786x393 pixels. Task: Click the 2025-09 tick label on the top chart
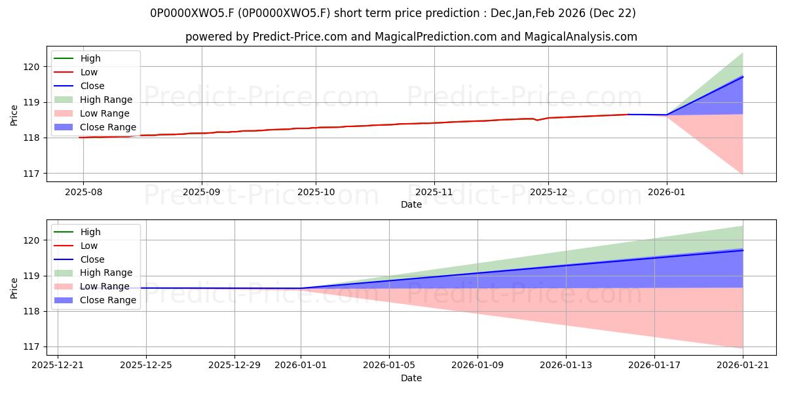pos(202,192)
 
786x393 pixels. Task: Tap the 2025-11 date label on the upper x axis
pos(434,192)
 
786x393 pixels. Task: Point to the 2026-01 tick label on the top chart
pos(666,192)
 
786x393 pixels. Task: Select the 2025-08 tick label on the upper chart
pos(84,192)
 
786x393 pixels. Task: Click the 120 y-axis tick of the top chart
pos(31,67)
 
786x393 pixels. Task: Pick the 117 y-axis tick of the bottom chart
pos(31,347)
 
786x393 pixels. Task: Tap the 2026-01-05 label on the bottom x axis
pos(389,365)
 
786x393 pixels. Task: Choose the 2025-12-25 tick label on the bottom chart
pos(146,365)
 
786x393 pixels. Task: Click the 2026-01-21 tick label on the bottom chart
pos(743,365)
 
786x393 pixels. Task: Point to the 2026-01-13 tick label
pos(566,365)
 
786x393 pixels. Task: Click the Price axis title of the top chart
pos(14,115)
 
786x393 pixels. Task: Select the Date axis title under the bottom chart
pos(411,378)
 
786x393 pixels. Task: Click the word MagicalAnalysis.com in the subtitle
pos(581,37)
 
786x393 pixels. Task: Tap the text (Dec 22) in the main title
pos(612,13)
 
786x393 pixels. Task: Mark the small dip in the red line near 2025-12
pos(537,120)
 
